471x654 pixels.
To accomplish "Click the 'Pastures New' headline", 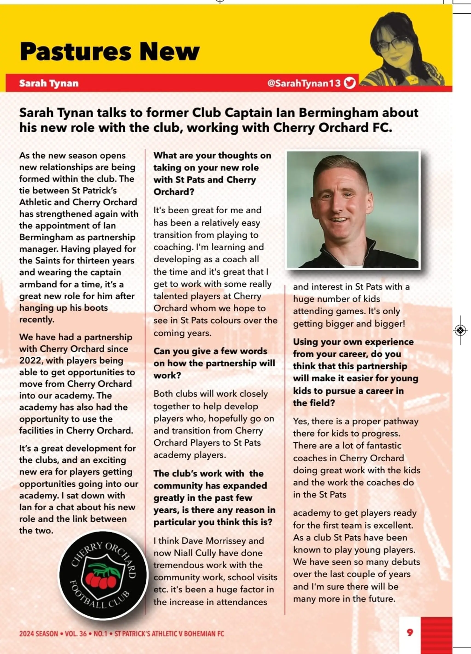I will point(109,51).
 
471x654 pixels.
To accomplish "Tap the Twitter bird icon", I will point(350,83).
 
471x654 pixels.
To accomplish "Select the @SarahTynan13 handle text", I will point(304,83).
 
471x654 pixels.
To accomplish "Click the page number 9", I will point(410,632).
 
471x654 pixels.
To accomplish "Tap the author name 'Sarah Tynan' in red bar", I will point(49,83).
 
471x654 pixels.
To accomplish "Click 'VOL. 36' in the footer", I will point(75,634).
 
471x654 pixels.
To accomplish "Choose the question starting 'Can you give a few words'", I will point(210,351).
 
